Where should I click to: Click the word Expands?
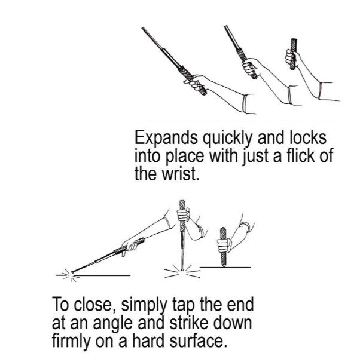(x=166, y=139)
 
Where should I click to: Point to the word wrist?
(x=180, y=174)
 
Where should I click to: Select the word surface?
(x=197, y=340)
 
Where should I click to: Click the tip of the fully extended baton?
(x=143, y=28)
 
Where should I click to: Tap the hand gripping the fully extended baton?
(x=196, y=82)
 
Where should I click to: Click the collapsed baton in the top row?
(x=293, y=54)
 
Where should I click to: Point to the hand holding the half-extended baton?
(x=251, y=66)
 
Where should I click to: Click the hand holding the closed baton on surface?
(x=224, y=245)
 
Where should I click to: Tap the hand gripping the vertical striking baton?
(x=184, y=214)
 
